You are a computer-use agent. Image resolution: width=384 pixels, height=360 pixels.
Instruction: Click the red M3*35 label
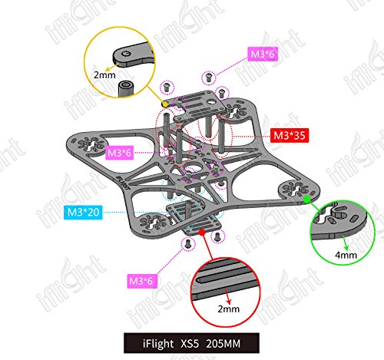(x=290, y=135)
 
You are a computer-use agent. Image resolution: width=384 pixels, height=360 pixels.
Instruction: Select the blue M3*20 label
(x=83, y=212)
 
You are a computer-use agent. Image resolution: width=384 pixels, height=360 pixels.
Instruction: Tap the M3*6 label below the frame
(x=141, y=281)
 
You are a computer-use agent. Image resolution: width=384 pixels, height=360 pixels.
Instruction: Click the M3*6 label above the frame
(x=263, y=54)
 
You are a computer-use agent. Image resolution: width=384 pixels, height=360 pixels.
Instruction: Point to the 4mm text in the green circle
(x=346, y=255)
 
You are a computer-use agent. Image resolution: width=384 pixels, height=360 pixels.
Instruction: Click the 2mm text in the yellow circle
(x=104, y=75)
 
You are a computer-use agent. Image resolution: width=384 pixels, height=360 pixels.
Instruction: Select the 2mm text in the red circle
(x=229, y=309)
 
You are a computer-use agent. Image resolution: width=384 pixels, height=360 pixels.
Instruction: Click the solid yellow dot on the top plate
(x=165, y=104)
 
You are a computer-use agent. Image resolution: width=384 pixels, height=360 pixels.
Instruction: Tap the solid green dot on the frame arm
(x=306, y=200)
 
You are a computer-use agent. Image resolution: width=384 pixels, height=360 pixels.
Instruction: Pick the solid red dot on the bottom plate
(x=202, y=232)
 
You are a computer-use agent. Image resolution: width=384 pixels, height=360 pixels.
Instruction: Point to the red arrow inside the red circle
(x=227, y=296)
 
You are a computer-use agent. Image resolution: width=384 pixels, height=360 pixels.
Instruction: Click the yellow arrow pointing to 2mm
(x=113, y=66)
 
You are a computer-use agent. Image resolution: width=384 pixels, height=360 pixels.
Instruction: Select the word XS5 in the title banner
(x=190, y=343)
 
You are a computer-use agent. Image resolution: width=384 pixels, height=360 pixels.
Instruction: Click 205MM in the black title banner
(x=223, y=343)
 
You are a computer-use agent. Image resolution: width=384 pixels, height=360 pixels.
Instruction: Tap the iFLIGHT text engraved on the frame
(x=122, y=182)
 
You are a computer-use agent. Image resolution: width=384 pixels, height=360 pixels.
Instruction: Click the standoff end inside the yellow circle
(x=126, y=89)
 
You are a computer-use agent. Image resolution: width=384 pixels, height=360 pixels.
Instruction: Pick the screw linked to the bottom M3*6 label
(x=188, y=243)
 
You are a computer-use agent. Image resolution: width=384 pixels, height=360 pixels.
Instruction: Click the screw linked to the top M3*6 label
(x=209, y=78)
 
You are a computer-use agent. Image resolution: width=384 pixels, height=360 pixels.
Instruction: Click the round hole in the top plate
(x=211, y=102)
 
